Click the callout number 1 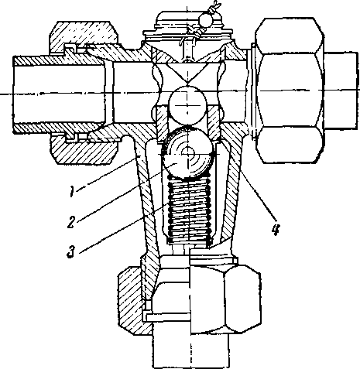point(73,192)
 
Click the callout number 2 point(71,222)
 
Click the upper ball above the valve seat point(187,105)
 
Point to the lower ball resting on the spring point(188,153)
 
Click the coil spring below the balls point(190,210)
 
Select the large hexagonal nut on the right point(290,91)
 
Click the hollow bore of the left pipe point(60,94)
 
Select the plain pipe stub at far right point(341,91)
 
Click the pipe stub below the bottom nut point(191,350)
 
